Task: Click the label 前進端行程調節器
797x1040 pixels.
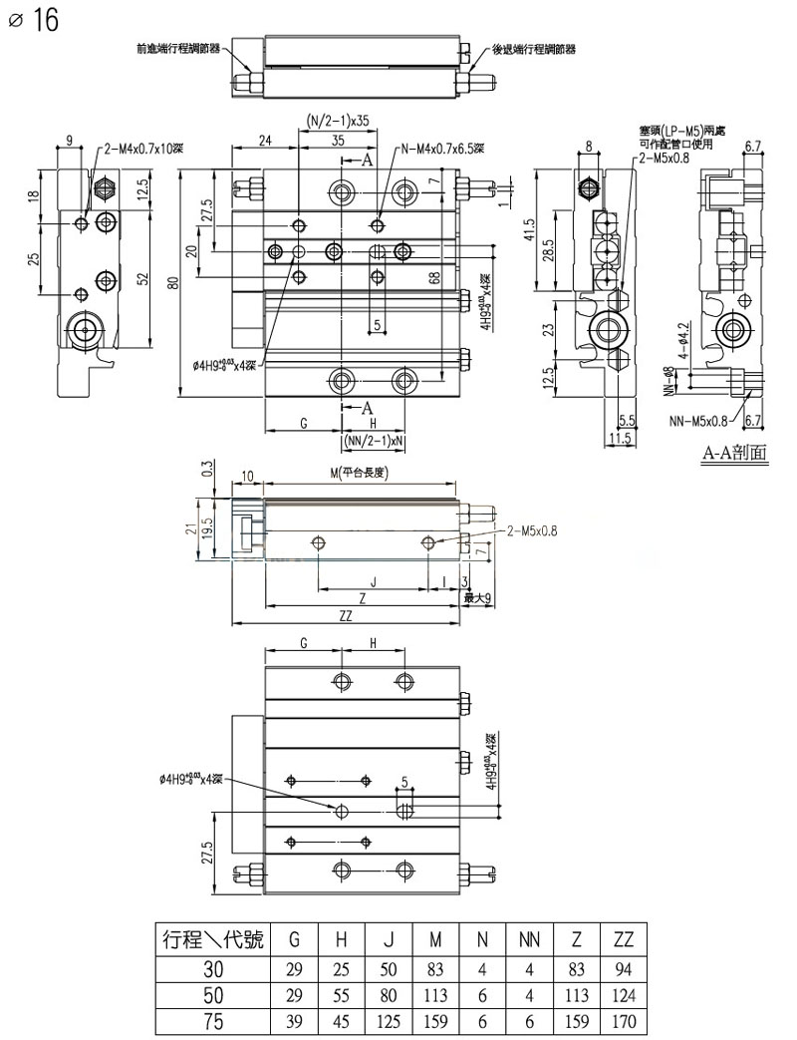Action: [179, 48]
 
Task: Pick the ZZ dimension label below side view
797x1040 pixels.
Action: [346, 616]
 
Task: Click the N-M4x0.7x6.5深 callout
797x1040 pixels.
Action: [443, 150]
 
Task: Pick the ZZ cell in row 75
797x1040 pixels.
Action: [625, 1020]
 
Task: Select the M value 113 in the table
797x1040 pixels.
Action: [436, 994]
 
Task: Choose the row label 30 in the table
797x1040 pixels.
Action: [212, 967]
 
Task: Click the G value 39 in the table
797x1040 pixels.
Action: [294, 1020]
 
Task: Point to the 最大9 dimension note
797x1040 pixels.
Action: [479, 597]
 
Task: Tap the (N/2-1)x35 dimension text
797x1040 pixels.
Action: [337, 121]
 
